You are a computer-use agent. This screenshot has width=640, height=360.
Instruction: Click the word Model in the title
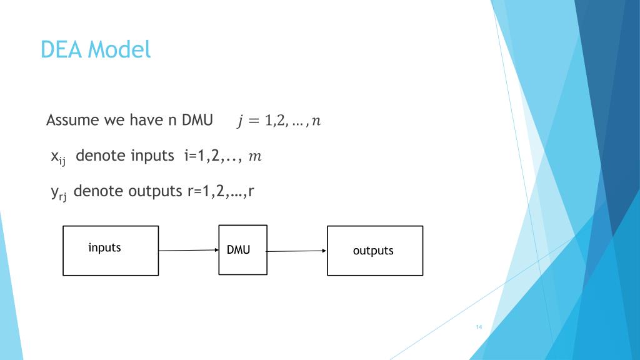119,50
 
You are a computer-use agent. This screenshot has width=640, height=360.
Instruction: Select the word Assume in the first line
72,120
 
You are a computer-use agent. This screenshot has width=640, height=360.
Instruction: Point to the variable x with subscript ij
58,157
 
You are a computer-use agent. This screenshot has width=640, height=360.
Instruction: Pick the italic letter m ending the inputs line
255,156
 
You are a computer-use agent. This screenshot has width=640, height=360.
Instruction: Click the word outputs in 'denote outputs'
155,191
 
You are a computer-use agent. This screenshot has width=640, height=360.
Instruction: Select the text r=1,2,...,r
221,191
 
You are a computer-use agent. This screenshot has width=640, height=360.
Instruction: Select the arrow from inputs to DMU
189,250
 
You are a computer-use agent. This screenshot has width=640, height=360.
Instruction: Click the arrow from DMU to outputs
297,251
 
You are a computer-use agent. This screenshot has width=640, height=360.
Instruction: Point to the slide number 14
479,327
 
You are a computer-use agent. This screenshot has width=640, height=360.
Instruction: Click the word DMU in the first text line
197,120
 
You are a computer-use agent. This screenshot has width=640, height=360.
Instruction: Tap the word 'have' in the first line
146,120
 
